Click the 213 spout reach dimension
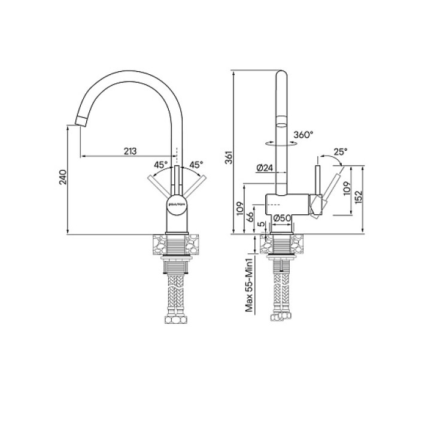tap(130, 151)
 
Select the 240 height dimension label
tap(63, 177)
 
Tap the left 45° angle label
tap(161, 165)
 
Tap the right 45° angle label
tap(196, 165)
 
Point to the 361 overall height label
tap(229, 157)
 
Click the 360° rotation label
tap(303, 135)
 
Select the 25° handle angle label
tap(341, 151)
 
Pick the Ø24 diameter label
tap(265, 168)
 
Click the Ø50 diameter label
tap(282, 218)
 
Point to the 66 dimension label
tap(250, 217)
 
